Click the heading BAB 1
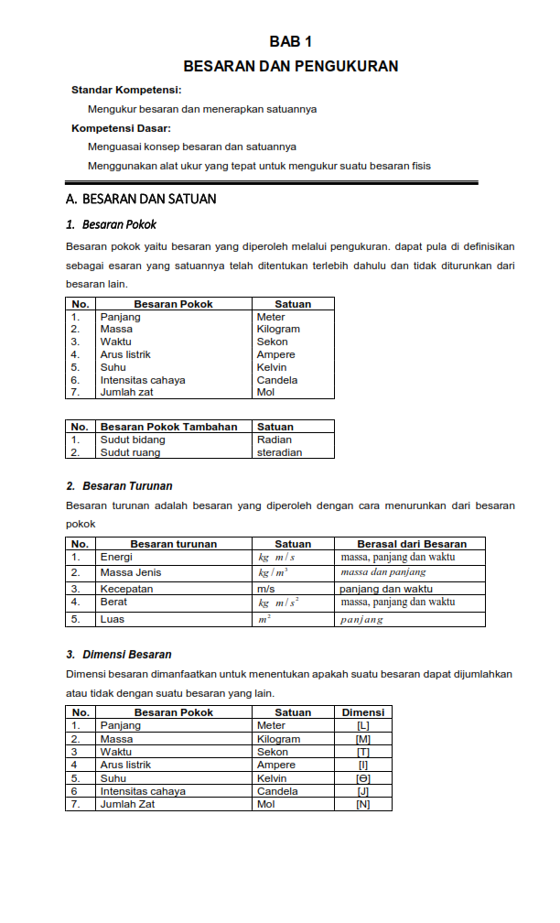[x=291, y=42]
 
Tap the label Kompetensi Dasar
[x=121, y=128]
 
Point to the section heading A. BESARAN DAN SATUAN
[x=141, y=199]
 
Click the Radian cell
[x=275, y=440]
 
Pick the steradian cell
[x=279, y=452]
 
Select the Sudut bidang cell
[x=133, y=440]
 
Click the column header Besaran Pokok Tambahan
[x=168, y=427]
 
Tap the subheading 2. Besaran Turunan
[x=119, y=486]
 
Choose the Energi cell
[x=116, y=557]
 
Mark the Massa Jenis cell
[x=131, y=573]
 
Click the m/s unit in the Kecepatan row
[x=266, y=589]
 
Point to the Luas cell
[x=112, y=619]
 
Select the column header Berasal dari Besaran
[x=411, y=544]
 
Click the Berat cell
[x=113, y=603]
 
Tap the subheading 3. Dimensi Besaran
[x=119, y=655]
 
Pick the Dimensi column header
[x=363, y=712]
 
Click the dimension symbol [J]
[x=363, y=791]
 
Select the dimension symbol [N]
[x=363, y=804]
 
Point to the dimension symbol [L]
[x=363, y=726]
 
